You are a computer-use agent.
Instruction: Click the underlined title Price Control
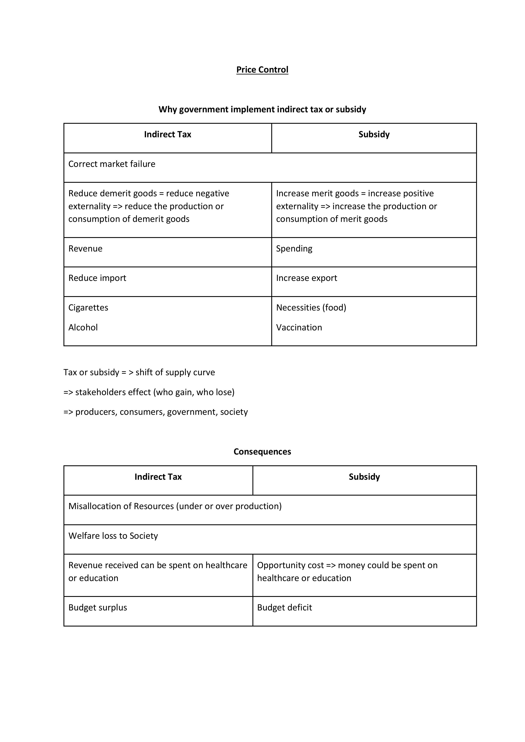pyautogui.click(x=262, y=70)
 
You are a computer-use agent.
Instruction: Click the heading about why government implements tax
pyautogui.click(x=262, y=110)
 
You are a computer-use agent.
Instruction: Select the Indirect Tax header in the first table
pyautogui.click(x=167, y=135)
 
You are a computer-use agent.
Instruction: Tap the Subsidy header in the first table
pyautogui.click(x=374, y=135)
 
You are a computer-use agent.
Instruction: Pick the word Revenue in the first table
pyautogui.click(x=85, y=249)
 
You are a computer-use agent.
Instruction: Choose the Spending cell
pyautogui.click(x=294, y=249)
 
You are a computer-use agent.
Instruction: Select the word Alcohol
pyautogui.click(x=83, y=327)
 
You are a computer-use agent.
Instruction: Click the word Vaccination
pyautogui.click(x=299, y=327)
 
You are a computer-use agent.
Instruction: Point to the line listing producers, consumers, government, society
pyautogui.click(x=156, y=412)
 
